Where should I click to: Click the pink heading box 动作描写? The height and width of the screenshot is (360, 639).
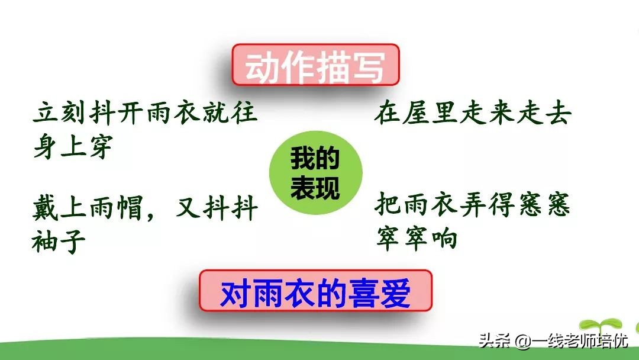[315, 65]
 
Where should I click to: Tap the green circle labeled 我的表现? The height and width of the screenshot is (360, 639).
[316, 172]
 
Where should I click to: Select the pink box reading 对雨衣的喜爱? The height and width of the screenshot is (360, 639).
[315, 291]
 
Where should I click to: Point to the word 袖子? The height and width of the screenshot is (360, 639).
[59, 241]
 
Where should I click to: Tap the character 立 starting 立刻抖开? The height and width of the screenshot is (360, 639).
[46, 112]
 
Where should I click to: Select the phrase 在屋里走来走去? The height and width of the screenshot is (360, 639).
[473, 113]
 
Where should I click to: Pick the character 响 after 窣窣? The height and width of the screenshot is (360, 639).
[445, 237]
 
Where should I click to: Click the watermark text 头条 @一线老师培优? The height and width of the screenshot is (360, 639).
[553, 340]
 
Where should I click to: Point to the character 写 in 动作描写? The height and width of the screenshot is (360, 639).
[369, 67]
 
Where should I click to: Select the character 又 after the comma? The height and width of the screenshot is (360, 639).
[189, 208]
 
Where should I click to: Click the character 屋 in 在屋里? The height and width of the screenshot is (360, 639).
[416, 113]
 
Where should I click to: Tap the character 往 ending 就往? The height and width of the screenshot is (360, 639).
[244, 112]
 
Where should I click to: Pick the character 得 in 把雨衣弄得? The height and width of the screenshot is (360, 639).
[501, 205]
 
